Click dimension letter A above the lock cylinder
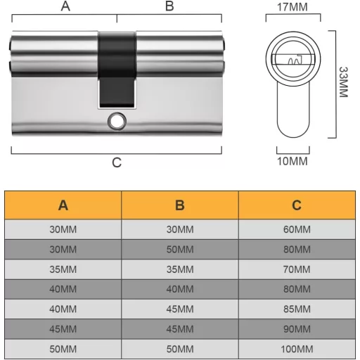[65, 6]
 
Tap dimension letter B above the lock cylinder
[169, 6]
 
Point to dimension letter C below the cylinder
[117, 162]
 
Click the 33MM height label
[344, 82]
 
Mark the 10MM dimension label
[292, 161]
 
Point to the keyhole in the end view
[292, 60]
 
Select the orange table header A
[63, 205]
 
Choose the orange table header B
[180, 205]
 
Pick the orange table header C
[297, 205]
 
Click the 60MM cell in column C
[297, 229]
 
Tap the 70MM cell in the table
[297, 269]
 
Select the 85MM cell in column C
[297, 309]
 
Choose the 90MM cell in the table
[297, 328]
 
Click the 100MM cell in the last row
[297, 348]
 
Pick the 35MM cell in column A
[63, 269]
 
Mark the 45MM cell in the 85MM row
[180, 309]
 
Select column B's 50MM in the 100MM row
[180, 348]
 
